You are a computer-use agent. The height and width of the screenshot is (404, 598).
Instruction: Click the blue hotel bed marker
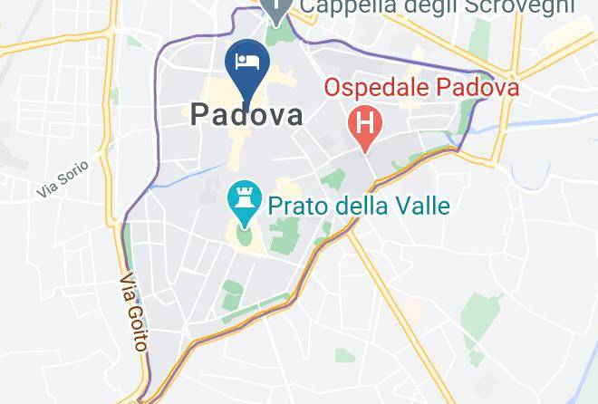pyautogui.click(x=247, y=63)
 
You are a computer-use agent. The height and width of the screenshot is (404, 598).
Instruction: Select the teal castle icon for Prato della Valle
pyautogui.click(x=243, y=201)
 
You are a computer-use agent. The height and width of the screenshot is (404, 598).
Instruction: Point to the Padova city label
pyautogui.click(x=246, y=115)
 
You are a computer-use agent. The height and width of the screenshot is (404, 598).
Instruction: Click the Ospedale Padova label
pyautogui.click(x=421, y=88)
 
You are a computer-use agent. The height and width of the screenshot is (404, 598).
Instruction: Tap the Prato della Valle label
pyautogui.click(x=357, y=206)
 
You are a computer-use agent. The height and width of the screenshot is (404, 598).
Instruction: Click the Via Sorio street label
pyautogui.click(x=63, y=178)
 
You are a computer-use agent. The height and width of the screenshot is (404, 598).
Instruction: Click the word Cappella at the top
pyautogui.click(x=342, y=8)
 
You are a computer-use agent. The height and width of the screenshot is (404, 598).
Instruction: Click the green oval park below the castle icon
pyautogui.click(x=244, y=237)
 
